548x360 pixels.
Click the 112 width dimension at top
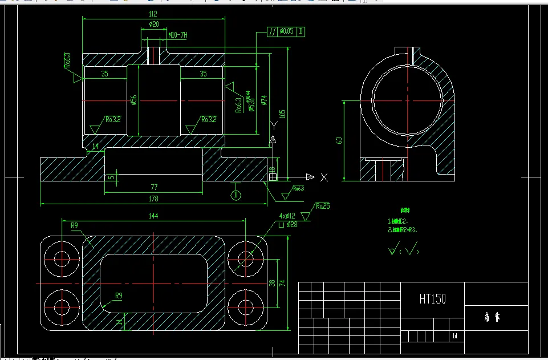pyautogui.click(x=152, y=13)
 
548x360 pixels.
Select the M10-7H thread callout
pyautogui.click(x=177, y=35)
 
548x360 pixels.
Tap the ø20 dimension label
pyautogui.click(x=153, y=25)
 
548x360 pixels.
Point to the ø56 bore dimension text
pyautogui.click(x=133, y=100)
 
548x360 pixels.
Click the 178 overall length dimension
pyautogui.click(x=152, y=199)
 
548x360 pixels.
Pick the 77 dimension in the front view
pyautogui.click(x=153, y=187)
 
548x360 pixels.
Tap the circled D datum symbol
pyautogui.click(x=235, y=195)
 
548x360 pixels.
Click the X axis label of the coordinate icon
pyautogui.click(x=324, y=177)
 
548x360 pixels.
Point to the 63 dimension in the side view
pyautogui.click(x=338, y=140)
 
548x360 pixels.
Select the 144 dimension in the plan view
pyautogui.click(x=153, y=216)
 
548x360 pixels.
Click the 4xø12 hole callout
pyautogui.click(x=287, y=216)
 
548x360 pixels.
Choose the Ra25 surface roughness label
pyautogui.click(x=323, y=206)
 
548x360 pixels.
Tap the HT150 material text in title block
pyautogui.click(x=433, y=298)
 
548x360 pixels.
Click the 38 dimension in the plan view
pyautogui.click(x=272, y=283)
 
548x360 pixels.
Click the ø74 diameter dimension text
pyautogui.click(x=264, y=100)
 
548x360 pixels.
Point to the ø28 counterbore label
pyautogui.click(x=291, y=224)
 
